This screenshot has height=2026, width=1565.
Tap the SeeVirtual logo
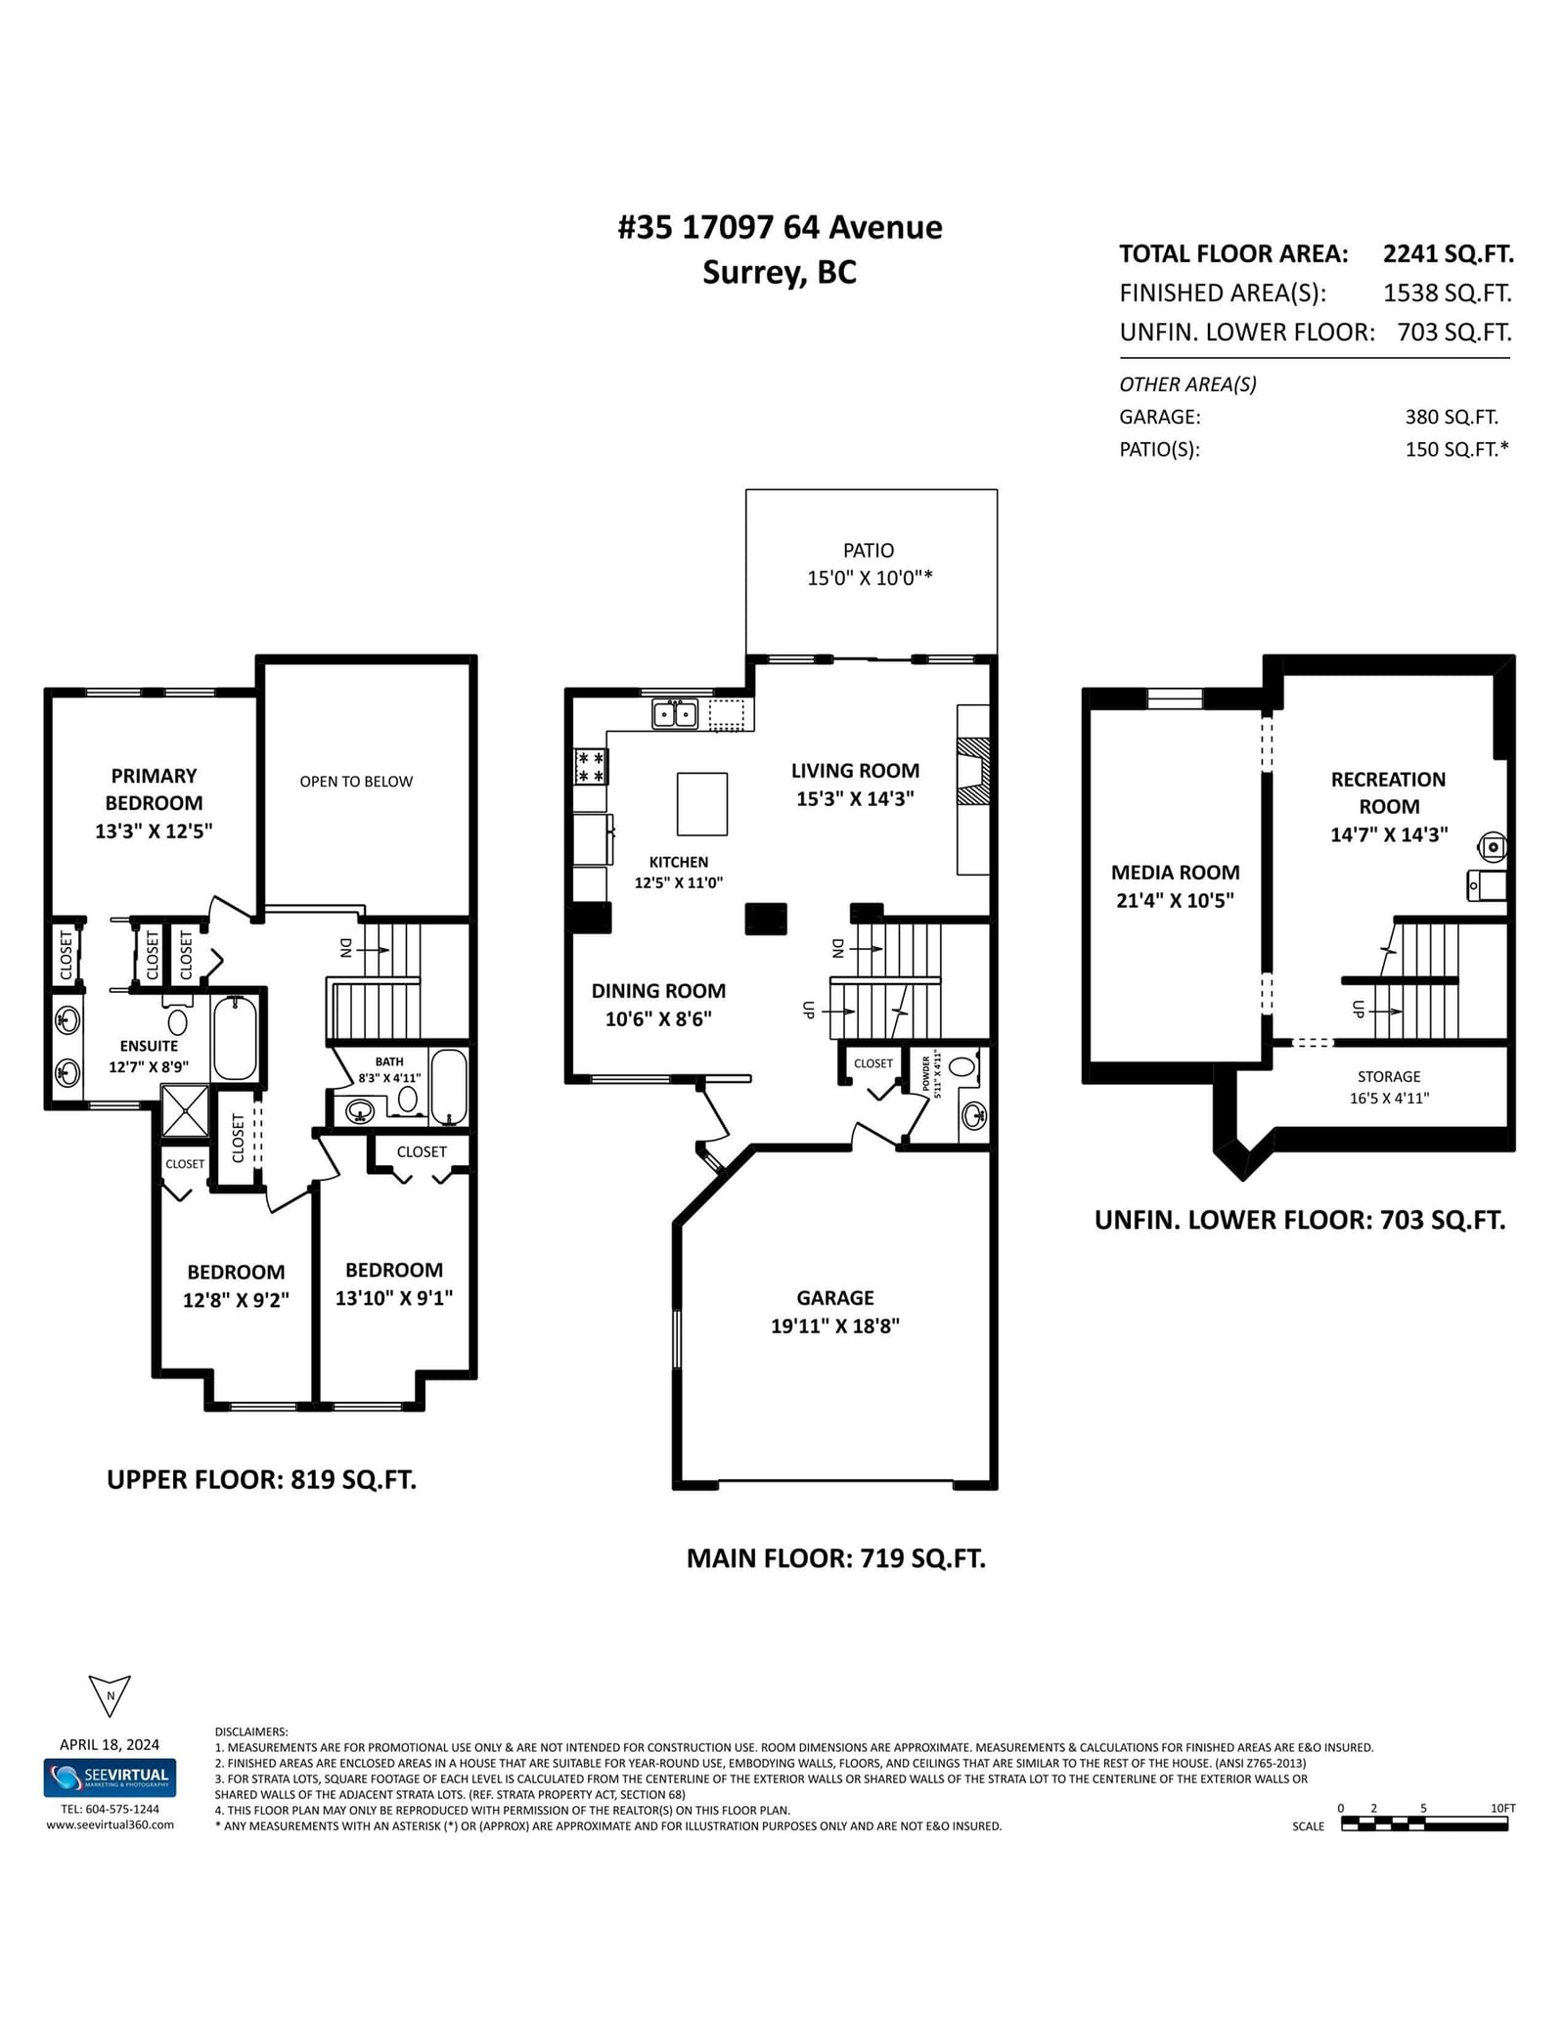(x=110, y=1778)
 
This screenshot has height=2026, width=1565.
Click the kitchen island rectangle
(x=702, y=803)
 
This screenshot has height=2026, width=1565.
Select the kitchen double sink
(x=675, y=714)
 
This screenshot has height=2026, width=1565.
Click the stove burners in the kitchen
(x=591, y=766)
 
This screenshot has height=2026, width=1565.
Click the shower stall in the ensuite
(x=185, y=1110)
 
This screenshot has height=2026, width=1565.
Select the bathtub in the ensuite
(x=235, y=1037)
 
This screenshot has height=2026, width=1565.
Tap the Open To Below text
(x=356, y=781)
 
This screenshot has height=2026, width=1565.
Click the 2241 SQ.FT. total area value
(x=1449, y=254)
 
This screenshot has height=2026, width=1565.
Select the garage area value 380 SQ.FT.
(x=1452, y=417)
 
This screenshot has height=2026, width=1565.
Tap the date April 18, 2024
(x=110, y=1744)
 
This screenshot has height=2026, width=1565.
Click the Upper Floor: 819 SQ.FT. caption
(x=261, y=1479)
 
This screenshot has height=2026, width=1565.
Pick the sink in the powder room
(x=974, y=1115)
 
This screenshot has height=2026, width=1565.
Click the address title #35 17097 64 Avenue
(x=781, y=227)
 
